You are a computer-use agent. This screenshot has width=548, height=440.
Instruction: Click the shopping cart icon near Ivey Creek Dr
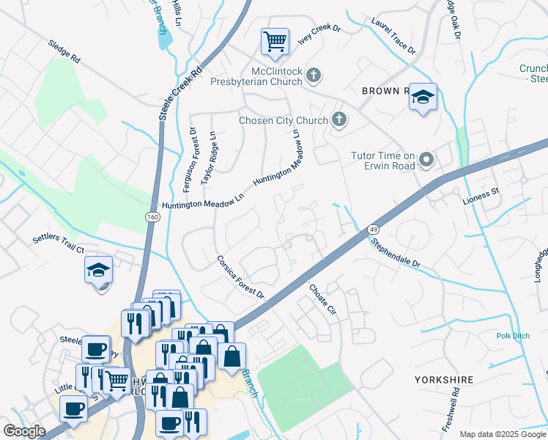pyautogui.click(x=275, y=42)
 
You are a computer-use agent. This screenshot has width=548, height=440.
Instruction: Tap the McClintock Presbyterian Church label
pyautogui.click(x=267, y=78)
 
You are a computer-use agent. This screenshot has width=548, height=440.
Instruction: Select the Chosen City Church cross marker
pyautogui.click(x=338, y=120)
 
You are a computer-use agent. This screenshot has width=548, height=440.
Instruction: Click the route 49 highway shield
pyautogui.click(x=372, y=230)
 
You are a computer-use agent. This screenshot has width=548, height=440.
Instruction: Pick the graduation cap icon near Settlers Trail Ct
pyautogui.click(x=98, y=271)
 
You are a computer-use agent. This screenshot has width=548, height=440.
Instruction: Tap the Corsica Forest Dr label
pyautogui.click(x=240, y=277)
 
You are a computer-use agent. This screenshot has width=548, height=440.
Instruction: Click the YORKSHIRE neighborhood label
pyautogui.click(x=443, y=380)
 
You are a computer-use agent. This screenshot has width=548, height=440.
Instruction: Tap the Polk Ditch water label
pyautogui.click(x=512, y=336)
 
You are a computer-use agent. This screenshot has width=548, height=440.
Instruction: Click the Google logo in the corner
pyautogui.click(x=24, y=431)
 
